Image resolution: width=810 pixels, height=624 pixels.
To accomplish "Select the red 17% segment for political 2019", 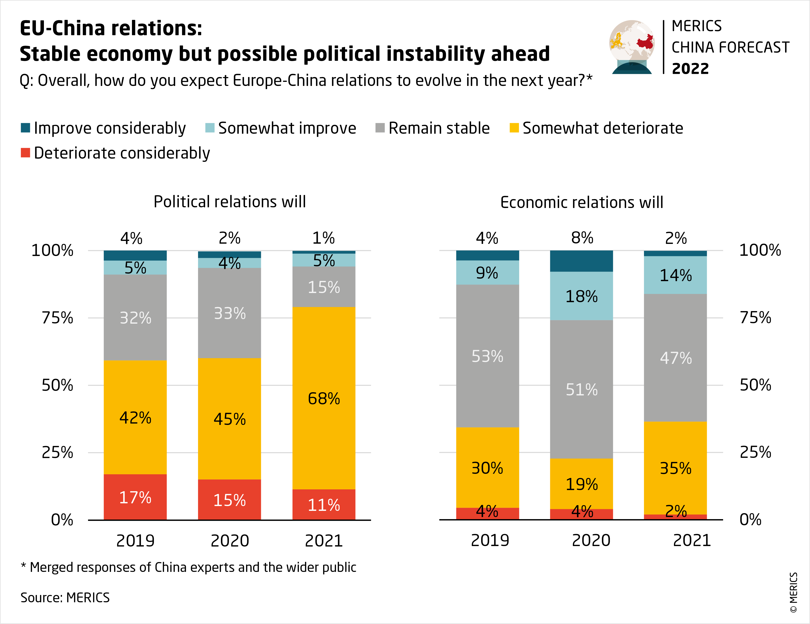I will (x=135, y=497).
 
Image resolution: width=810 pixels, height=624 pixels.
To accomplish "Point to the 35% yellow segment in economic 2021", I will (x=675, y=468).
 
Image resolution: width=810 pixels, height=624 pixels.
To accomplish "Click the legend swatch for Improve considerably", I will (x=25, y=128).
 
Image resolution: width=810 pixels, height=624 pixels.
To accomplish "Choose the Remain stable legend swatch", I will (x=380, y=128).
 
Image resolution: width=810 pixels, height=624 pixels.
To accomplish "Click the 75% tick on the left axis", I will (x=57, y=318).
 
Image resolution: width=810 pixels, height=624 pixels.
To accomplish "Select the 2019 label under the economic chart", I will (x=490, y=540).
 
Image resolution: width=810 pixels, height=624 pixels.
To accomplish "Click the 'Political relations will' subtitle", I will (x=230, y=202).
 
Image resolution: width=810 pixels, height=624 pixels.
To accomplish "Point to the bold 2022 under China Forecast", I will (x=690, y=69).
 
